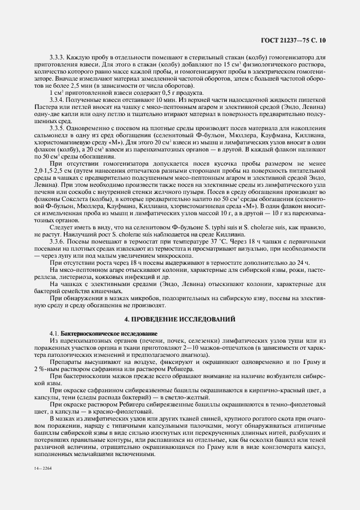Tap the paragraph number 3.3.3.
pyautogui.click(x=58, y=57)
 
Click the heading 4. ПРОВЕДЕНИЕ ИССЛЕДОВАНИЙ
pyautogui.click(x=180, y=318)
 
